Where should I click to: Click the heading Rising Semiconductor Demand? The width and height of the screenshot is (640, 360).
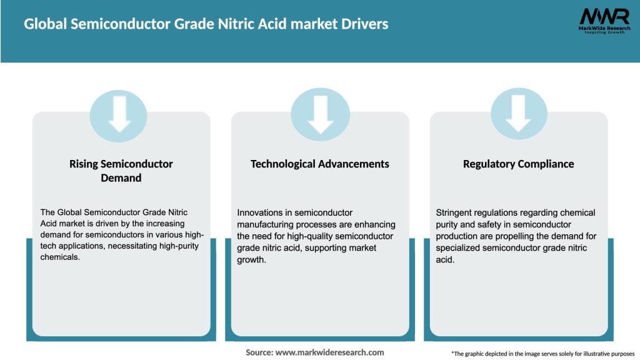click(121, 171)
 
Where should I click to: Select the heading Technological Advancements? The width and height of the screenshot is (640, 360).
click(319, 164)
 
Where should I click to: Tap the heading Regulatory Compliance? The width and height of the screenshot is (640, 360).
click(518, 164)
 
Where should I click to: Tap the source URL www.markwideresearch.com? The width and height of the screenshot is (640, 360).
click(329, 352)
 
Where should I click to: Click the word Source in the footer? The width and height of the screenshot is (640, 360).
click(259, 352)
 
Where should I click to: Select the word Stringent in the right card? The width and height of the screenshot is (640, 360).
click(454, 213)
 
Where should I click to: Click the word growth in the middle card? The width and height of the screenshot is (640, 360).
click(252, 259)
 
